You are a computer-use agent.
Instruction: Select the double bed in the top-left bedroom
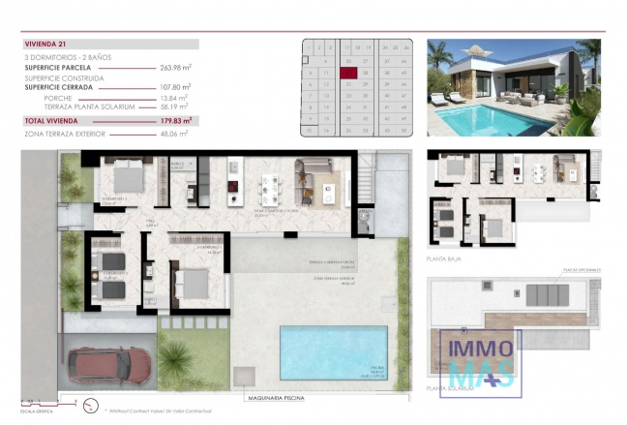pos(128,178)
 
